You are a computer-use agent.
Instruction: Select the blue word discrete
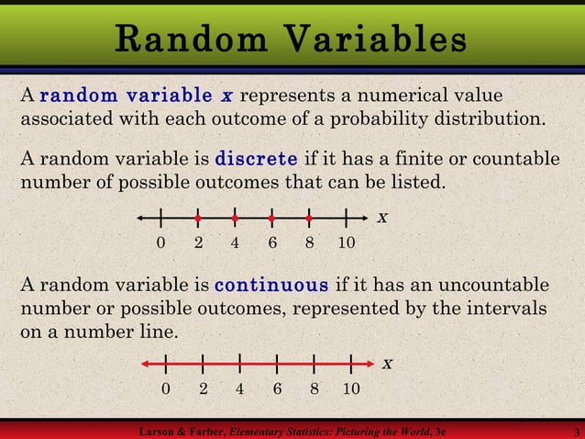tap(256, 157)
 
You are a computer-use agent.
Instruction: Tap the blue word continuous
tap(271, 284)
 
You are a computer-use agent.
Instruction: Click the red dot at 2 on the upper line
tap(198, 219)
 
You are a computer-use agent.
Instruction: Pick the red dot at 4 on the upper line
tap(235, 219)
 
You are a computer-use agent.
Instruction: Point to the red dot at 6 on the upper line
tap(272, 219)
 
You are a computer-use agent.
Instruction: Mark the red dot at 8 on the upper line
tap(309, 219)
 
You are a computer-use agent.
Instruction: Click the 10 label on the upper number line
tap(346, 243)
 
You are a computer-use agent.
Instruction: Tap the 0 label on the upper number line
tap(160, 243)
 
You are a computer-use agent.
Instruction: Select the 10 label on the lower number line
tap(351, 388)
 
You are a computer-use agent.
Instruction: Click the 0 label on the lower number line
tap(165, 388)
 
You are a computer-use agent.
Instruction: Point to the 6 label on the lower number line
tap(277, 388)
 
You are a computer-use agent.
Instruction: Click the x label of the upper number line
tap(382, 219)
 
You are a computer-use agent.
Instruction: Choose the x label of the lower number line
tap(387, 364)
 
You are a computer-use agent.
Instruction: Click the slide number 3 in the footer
tap(574, 431)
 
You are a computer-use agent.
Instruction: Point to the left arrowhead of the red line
tap(146, 364)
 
